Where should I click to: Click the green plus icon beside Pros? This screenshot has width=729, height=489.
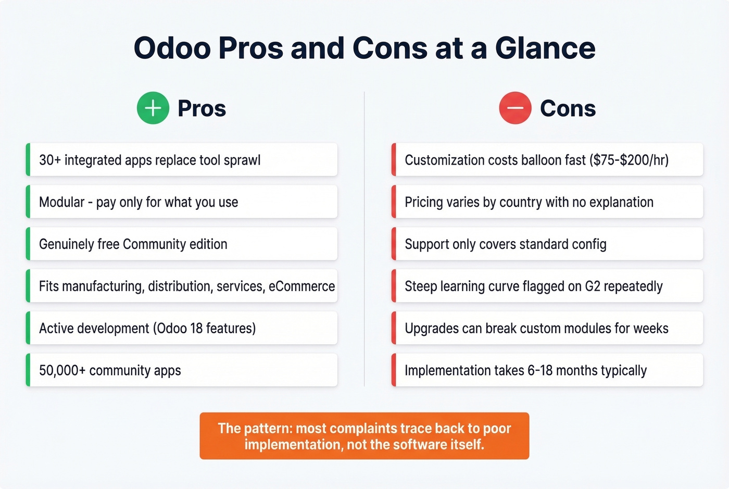(x=153, y=108)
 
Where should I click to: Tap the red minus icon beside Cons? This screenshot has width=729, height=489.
(x=515, y=108)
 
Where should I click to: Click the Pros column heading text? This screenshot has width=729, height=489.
(x=202, y=108)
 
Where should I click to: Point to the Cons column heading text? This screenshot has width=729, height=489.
(x=568, y=108)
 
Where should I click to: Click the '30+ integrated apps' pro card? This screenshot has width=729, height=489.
(x=182, y=160)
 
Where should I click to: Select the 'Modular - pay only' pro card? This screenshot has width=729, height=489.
(x=182, y=202)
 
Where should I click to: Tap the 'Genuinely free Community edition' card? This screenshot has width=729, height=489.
(x=182, y=244)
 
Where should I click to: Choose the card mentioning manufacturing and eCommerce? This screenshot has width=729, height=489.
(x=182, y=286)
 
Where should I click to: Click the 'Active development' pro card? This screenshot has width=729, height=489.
(x=182, y=329)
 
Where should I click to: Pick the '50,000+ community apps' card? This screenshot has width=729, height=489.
(x=182, y=370)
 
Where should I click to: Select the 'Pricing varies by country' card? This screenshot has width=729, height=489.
(x=547, y=202)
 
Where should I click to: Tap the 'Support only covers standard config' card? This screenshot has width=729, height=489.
(x=547, y=244)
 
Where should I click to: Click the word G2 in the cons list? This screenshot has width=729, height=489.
(x=593, y=286)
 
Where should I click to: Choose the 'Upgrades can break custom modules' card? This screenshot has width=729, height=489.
(x=547, y=329)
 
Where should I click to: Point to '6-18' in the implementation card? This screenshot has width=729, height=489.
(x=540, y=370)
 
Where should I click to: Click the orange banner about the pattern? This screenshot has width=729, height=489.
(x=364, y=436)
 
